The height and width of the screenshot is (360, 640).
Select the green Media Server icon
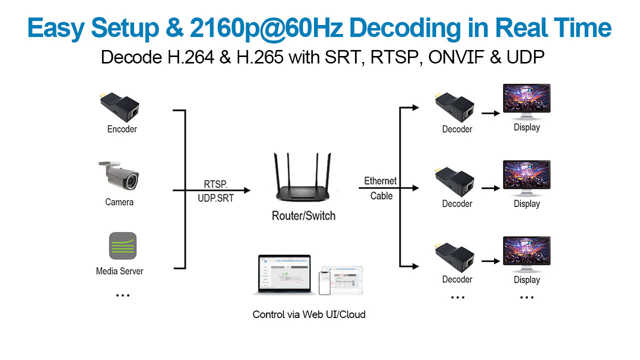[122, 245]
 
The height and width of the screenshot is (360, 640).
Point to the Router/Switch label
[303, 216]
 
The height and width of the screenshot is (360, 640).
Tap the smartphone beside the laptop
[324, 283]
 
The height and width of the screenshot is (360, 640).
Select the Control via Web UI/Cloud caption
[309, 314]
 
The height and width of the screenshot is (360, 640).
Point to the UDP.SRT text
[215, 198]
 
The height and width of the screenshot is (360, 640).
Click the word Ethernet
[380, 180]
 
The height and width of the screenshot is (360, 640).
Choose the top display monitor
[526, 101]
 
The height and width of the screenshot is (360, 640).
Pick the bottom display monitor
[526, 253]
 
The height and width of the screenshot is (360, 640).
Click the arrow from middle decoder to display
[490, 188]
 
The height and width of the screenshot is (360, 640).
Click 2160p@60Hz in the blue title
[266, 28]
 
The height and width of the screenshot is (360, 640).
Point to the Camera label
[119, 202]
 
